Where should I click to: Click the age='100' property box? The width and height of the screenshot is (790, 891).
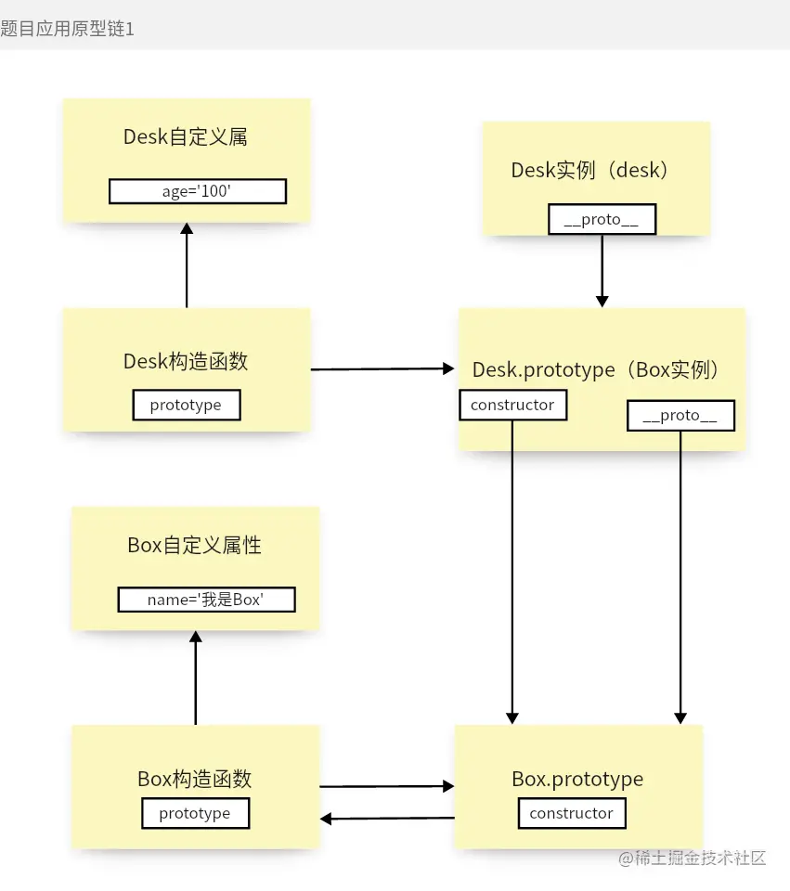point(197,191)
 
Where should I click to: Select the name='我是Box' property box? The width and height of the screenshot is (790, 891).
point(206,600)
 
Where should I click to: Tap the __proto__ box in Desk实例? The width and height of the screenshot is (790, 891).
point(602,220)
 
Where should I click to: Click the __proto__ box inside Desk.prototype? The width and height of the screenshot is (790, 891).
point(680,416)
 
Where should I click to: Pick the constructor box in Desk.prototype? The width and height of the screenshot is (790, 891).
point(512,405)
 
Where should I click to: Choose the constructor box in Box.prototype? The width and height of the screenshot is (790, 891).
point(571,813)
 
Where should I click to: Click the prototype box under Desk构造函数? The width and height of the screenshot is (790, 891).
point(186,405)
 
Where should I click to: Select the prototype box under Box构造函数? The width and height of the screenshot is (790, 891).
point(195,813)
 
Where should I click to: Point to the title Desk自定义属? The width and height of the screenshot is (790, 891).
point(186,137)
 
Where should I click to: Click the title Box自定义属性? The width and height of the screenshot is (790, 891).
point(195,546)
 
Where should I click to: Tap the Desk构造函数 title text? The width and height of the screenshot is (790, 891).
point(186,361)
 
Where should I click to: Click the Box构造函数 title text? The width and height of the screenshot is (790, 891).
point(195,779)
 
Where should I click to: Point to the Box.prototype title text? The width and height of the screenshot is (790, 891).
point(577,779)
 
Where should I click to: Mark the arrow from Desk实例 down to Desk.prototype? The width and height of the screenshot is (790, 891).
point(602,269)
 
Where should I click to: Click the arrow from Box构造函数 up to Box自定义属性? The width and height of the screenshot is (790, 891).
point(195,678)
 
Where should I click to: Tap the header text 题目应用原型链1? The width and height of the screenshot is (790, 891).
point(68,29)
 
